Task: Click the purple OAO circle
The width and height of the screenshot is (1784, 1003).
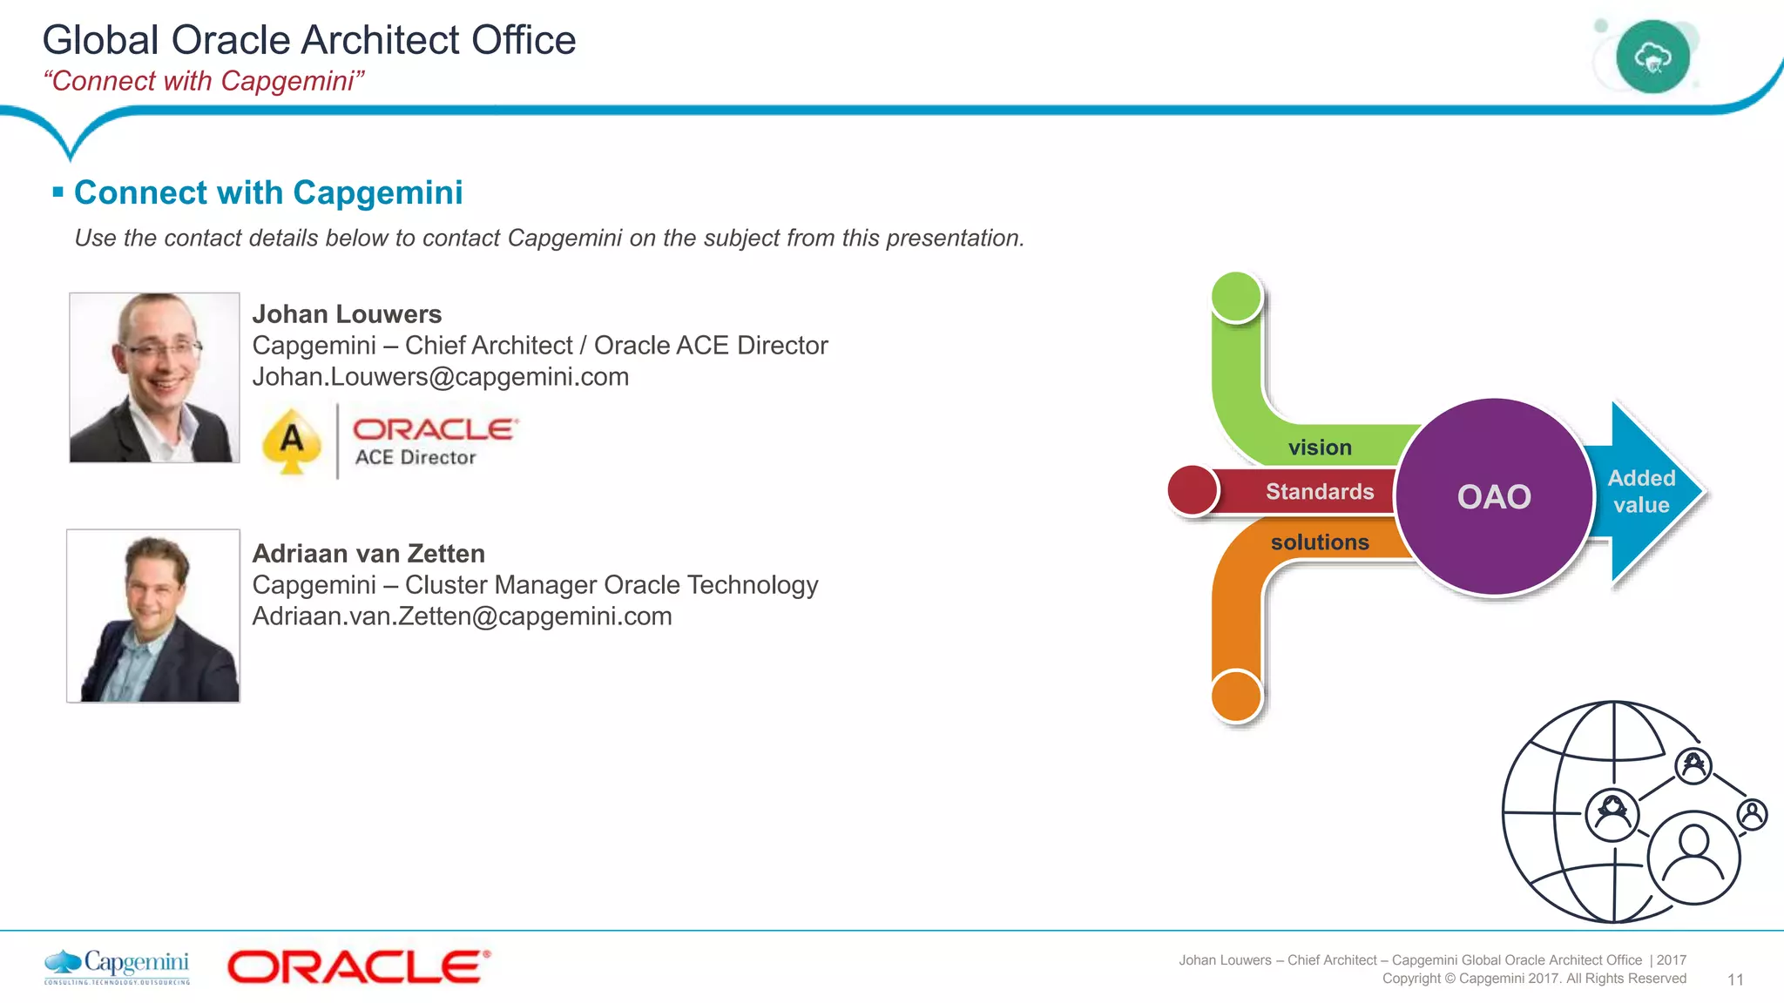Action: (x=1494, y=496)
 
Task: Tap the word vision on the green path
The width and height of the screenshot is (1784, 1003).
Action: (x=1320, y=448)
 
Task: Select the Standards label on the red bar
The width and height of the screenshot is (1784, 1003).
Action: (x=1319, y=492)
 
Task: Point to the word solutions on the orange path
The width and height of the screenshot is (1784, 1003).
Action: (x=1320, y=542)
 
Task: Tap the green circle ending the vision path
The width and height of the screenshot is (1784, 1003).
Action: (x=1236, y=297)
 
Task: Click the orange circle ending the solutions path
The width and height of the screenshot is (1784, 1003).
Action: (x=1236, y=696)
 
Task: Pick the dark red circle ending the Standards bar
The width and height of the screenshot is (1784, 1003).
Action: (x=1192, y=490)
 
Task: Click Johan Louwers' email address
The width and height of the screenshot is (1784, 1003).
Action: (x=440, y=377)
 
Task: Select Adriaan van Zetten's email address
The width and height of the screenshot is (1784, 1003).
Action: (x=462, y=616)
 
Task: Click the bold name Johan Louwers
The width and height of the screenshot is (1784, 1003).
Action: (x=347, y=314)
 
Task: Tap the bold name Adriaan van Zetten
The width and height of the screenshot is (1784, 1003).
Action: (x=368, y=554)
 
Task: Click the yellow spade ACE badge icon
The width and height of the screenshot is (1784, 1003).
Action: (x=292, y=441)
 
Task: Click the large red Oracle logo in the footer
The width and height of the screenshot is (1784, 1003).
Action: (x=358, y=966)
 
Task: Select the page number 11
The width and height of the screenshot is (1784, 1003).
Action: (x=1734, y=979)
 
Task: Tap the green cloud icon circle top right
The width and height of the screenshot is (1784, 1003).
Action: (x=1652, y=57)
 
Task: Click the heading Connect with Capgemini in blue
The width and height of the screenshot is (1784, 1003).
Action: (x=268, y=192)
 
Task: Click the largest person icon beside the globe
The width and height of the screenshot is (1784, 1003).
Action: (x=1693, y=857)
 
